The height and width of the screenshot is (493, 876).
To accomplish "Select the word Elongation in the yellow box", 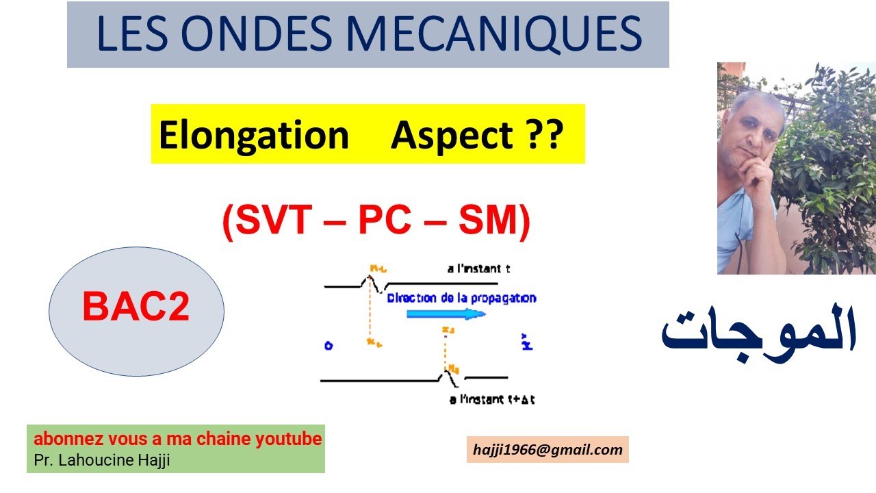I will point(253,135).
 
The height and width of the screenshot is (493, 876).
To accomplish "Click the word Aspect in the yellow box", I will point(452,135).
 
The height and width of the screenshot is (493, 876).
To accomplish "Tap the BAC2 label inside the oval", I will point(136,307).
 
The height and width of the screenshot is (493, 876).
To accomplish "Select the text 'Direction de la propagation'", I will point(461,299).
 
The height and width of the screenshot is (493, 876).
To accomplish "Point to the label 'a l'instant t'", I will point(478,269).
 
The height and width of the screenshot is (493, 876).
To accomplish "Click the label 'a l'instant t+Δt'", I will point(491,400).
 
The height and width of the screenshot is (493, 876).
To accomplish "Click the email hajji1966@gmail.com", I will point(547,450).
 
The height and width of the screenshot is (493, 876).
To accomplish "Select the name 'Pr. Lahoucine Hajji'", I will point(101,460).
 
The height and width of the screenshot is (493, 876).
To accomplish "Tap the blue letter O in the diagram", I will point(328,346).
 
